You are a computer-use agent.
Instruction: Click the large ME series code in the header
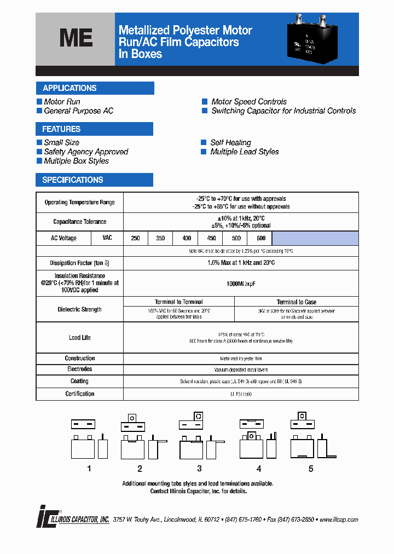[76, 38]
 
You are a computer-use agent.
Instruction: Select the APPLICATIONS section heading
[69, 88]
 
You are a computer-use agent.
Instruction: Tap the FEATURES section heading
[61, 129]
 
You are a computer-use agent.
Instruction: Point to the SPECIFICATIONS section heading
[73, 180]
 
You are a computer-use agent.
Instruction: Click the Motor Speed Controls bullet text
[249, 102]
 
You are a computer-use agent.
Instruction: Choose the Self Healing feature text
[230, 143]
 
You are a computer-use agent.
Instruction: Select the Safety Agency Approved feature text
[86, 152]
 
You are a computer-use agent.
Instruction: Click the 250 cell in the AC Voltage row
[136, 238]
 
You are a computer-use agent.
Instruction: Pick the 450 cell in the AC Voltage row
[211, 238]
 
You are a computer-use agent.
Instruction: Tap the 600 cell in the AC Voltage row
[260, 238]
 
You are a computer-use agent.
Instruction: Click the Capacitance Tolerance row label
[80, 222]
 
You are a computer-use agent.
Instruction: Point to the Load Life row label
[80, 338]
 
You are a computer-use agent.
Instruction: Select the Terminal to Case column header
[296, 302]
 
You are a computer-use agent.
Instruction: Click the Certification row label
[80, 394]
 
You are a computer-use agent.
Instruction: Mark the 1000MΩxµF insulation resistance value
[241, 284]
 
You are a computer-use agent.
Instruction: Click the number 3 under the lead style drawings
[199, 469]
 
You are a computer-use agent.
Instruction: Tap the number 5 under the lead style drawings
[311, 469]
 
